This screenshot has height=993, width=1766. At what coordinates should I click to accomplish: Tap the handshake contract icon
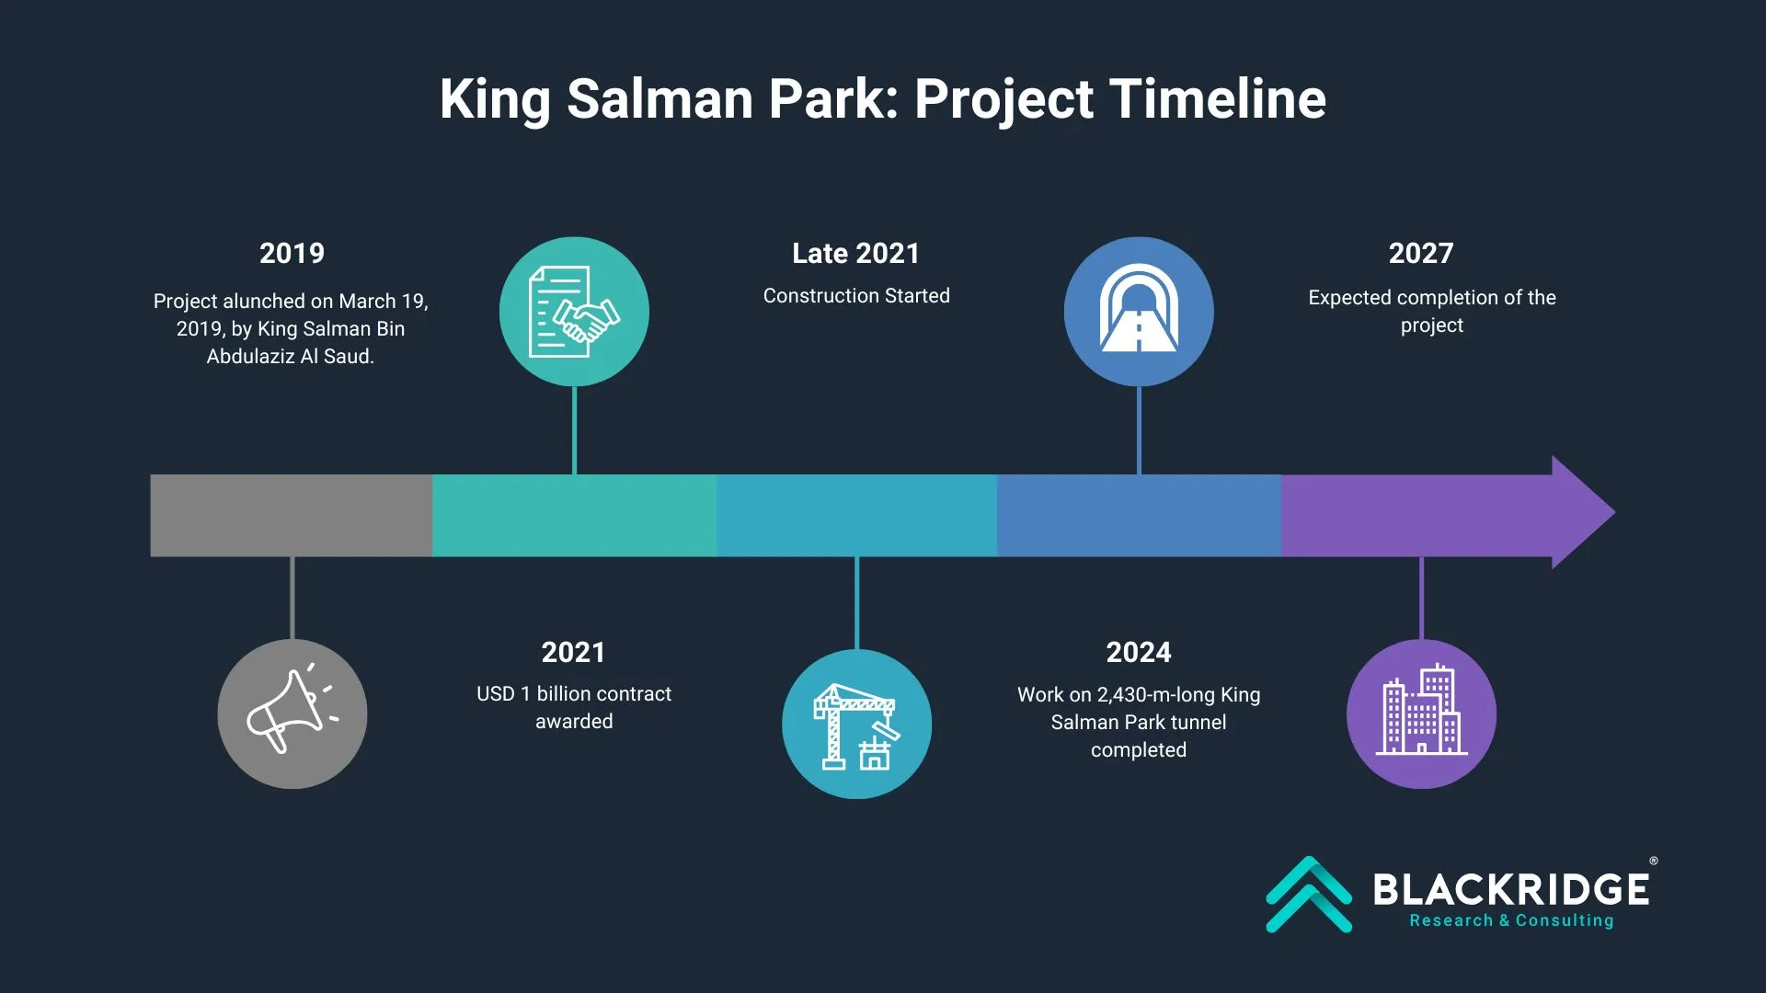point(574,312)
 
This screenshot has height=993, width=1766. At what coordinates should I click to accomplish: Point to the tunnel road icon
point(1139,309)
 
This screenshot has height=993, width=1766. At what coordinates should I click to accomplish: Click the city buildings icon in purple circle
point(1421,709)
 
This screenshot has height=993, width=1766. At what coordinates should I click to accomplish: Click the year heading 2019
point(292,254)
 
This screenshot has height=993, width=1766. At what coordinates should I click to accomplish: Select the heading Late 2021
point(856,254)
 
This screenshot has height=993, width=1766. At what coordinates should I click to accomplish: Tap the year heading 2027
point(1421,254)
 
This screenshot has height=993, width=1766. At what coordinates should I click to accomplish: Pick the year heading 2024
point(1139,653)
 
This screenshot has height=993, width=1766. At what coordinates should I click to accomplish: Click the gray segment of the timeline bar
point(292,515)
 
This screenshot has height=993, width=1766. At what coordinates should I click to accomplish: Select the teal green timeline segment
point(574,515)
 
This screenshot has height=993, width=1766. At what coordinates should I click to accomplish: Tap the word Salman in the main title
point(659,98)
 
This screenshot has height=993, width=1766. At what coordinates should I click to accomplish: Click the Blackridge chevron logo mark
point(1309,895)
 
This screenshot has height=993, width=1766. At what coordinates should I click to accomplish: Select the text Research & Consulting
point(1511,920)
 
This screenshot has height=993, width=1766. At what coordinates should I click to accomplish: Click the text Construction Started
point(856,296)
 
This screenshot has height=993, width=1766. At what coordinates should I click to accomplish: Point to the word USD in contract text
point(496,694)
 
